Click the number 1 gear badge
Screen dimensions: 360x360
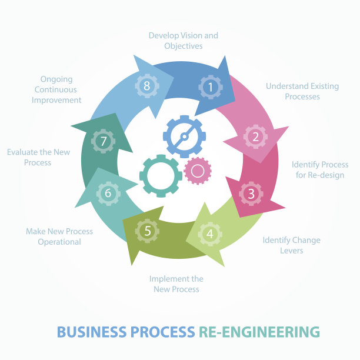point(210,87)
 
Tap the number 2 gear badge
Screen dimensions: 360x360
point(255,136)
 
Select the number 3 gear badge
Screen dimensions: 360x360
point(251,193)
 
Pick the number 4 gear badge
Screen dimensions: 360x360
point(210,235)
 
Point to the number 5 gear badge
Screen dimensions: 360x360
point(147,231)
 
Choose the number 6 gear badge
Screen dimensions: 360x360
point(108,193)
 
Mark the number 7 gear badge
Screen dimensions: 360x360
point(104,142)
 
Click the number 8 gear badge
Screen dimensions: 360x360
point(146,86)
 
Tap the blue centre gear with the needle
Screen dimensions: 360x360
point(184,136)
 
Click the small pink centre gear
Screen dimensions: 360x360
point(198,171)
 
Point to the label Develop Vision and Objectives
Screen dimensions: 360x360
point(183,41)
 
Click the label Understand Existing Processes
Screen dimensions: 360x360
point(302,91)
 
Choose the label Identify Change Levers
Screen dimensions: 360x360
point(291,245)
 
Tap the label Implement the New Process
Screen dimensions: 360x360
point(176,284)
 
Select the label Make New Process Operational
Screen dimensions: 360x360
point(59,236)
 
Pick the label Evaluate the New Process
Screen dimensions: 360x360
point(38,157)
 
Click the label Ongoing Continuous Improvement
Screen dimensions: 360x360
point(57,89)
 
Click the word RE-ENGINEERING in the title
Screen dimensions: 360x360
point(259,332)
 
